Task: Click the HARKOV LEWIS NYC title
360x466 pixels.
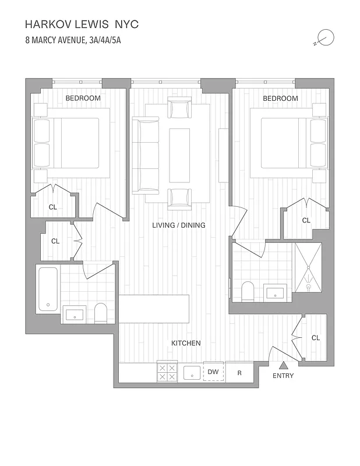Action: click(82, 24)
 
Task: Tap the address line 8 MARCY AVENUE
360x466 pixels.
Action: click(73, 41)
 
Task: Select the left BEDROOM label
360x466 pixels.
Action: click(83, 98)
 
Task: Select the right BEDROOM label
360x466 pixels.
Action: click(280, 98)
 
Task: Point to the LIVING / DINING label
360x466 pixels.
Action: click(179, 225)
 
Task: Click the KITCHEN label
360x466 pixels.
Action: click(186, 343)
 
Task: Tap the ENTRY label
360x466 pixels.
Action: click(283, 376)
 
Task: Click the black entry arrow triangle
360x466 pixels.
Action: click(283, 365)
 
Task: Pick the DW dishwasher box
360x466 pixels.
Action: click(213, 372)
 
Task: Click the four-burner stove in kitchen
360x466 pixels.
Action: click(167, 372)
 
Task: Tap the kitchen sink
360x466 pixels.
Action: click(192, 373)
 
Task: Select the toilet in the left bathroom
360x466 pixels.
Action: click(101, 313)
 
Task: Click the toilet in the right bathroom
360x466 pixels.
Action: click(247, 291)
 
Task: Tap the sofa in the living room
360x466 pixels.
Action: click(145, 156)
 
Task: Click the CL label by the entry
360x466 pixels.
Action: click(316, 338)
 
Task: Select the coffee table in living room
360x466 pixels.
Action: click(179, 156)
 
